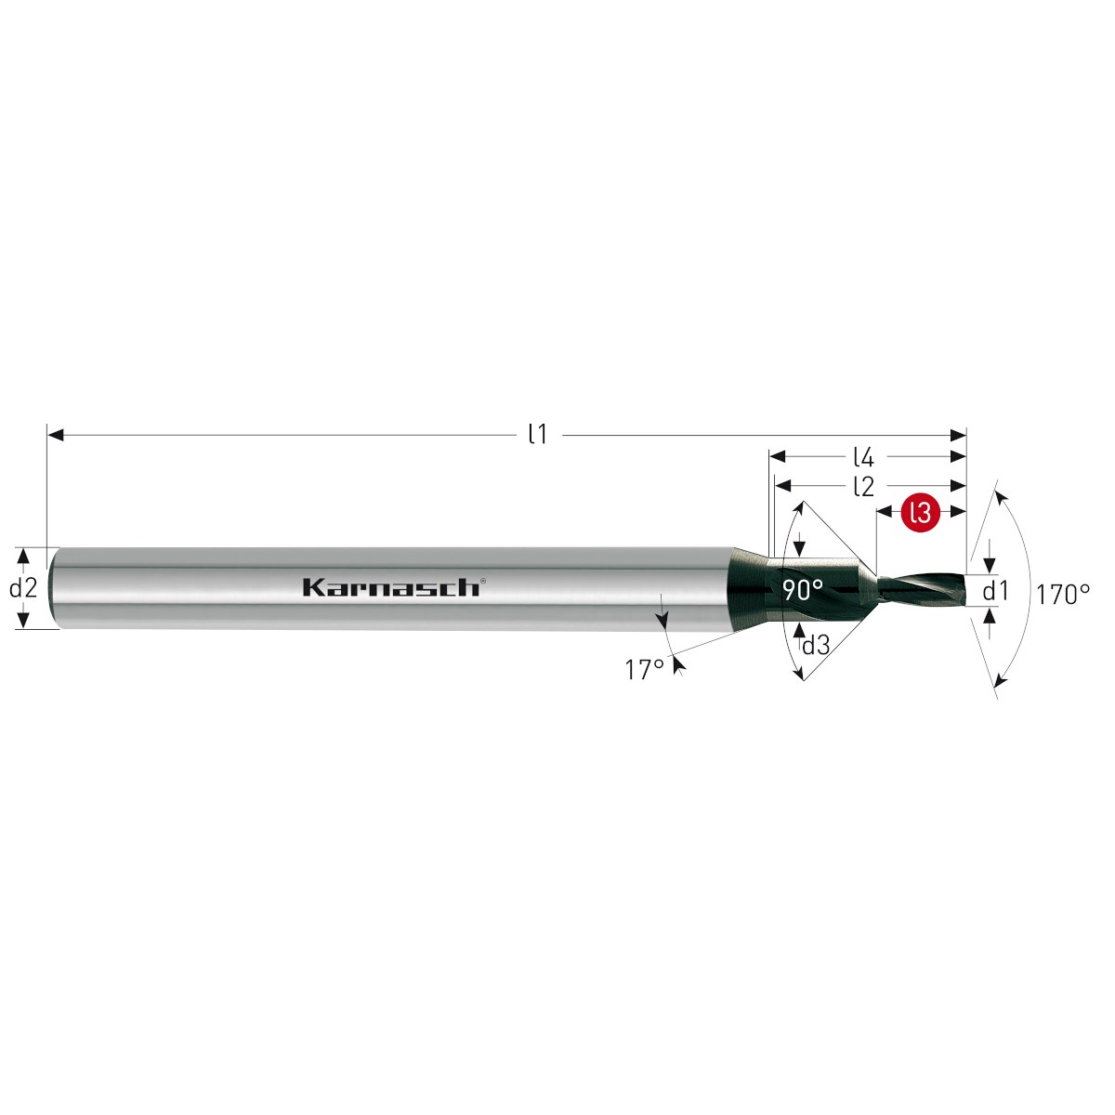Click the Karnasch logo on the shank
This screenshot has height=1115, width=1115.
[x=390, y=588]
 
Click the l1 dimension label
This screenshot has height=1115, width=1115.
[x=537, y=435]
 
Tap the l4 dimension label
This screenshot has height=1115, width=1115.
[x=862, y=458]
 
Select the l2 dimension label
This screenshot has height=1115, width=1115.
[x=862, y=487]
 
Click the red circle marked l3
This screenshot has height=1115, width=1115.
[x=920, y=512]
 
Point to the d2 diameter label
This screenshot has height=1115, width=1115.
[x=23, y=588]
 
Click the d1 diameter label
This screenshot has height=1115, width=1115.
[x=996, y=591]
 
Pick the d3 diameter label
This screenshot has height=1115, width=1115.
[x=816, y=645]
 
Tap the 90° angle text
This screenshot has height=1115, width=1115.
[x=803, y=590]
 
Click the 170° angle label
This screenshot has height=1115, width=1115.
[x=1063, y=595]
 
